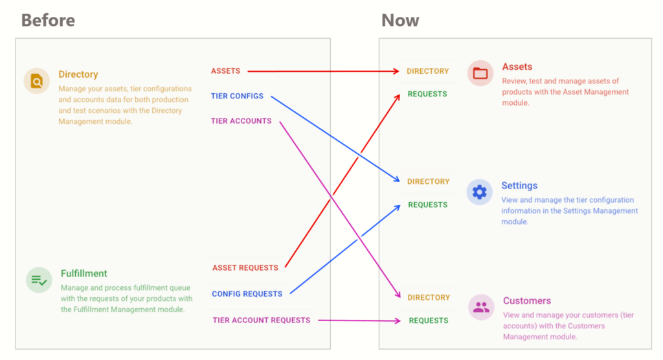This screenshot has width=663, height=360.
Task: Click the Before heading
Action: [48, 20]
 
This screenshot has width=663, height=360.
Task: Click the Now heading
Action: [400, 20]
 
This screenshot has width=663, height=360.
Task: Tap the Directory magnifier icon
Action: [37, 80]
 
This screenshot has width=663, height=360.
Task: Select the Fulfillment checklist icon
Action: [39, 280]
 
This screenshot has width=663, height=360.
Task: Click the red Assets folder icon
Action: [480, 73]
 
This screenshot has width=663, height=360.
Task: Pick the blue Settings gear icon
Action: [480, 192]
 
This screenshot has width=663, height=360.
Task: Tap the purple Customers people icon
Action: [481, 307]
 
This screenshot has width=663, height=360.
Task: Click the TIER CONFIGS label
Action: [237, 96]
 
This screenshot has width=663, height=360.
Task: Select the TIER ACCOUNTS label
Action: [242, 121]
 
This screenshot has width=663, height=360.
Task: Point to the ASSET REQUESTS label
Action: [245, 268]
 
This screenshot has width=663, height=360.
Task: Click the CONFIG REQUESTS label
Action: [247, 294]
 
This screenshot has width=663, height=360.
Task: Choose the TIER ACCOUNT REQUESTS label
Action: [262, 321]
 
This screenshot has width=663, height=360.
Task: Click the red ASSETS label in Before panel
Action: [226, 71]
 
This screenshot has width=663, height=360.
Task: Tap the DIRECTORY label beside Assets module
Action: [428, 71]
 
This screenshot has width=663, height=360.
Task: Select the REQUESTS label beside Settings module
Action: [428, 205]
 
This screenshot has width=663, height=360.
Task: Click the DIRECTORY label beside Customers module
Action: [429, 297]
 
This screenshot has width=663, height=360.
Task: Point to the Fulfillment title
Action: [84, 273]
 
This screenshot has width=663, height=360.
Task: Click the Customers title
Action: [527, 301]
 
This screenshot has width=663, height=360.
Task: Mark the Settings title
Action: [519, 186]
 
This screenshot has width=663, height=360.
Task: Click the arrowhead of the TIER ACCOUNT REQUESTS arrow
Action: [398, 321]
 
